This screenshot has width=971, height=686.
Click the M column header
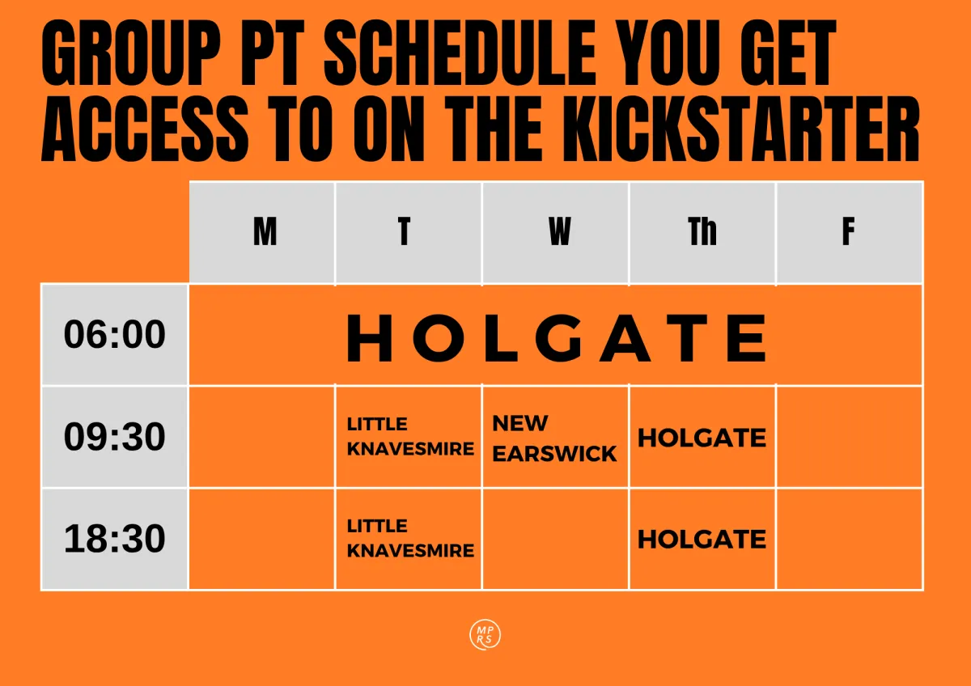265,232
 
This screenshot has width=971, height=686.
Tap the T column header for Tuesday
404,232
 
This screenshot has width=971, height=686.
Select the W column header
559,232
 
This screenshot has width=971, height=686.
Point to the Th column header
702,232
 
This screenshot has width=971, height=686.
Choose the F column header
848,232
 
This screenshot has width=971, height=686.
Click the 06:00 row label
114,334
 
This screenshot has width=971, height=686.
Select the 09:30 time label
114,436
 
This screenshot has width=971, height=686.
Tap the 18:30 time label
114,539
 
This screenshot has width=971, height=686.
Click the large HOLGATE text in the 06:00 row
557,338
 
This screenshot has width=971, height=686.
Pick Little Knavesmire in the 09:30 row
410,436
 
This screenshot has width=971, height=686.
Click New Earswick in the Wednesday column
554,438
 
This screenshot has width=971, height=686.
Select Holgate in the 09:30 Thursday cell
702,438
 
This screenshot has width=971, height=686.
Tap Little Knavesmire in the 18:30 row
410,539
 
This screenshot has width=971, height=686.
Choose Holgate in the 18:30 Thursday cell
702,540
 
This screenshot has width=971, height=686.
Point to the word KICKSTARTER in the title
741,129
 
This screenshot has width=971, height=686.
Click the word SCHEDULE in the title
460,53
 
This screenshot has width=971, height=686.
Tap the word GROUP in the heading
131,53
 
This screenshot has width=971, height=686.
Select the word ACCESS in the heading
145,129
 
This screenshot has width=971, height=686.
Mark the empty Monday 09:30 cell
262,437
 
